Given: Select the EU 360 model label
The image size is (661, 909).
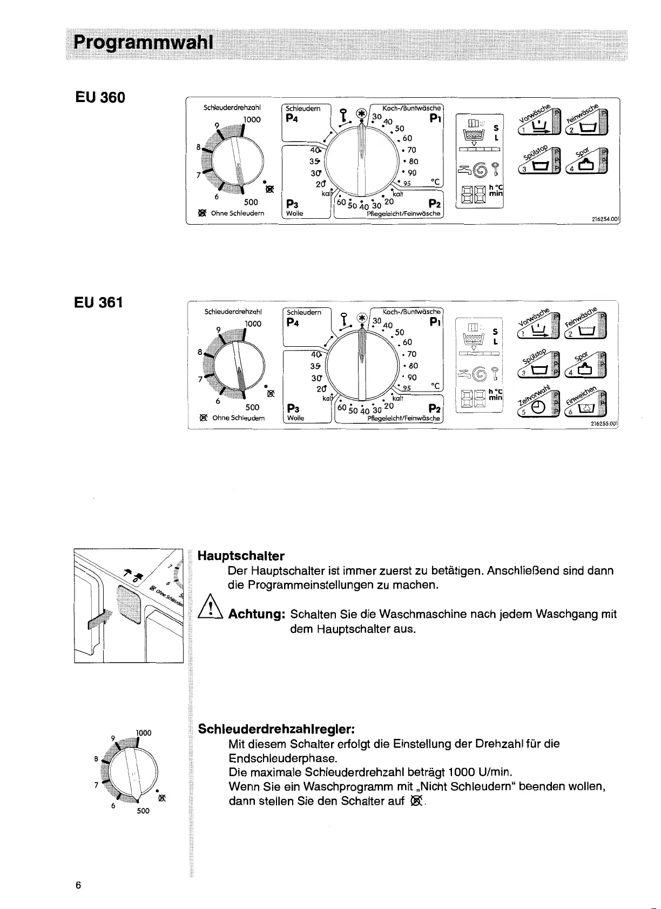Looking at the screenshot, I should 100,97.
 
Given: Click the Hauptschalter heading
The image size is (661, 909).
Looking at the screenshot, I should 241,556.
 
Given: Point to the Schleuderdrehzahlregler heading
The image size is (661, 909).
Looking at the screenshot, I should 276,729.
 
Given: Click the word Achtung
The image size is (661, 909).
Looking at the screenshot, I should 257,615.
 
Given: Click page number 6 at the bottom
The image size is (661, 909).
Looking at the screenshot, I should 78,886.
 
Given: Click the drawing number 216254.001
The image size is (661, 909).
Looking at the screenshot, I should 604,220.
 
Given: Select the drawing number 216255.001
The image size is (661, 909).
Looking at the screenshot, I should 604,425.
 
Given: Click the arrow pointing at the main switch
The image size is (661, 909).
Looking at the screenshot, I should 99,620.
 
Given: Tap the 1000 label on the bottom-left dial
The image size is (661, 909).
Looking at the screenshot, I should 143,733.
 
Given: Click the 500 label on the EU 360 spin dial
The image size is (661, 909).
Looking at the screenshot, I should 251,203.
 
